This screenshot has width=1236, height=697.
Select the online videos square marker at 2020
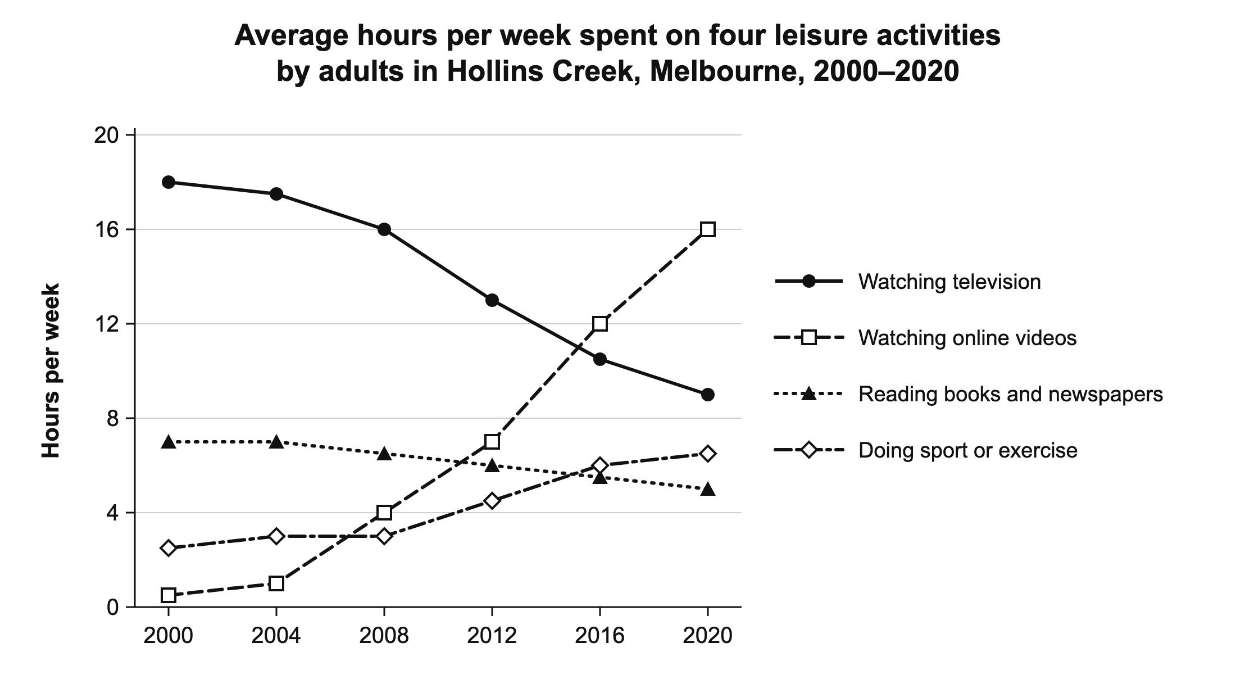click(x=708, y=229)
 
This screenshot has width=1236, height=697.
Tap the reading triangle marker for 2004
click(x=276, y=442)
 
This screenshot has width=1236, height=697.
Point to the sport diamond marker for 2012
click(x=492, y=501)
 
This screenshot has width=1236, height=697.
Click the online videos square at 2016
click(x=600, y=324)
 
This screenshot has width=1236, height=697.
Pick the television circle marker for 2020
click(x=708, y=395)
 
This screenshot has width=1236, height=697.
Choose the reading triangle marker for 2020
click(x=708, y=489)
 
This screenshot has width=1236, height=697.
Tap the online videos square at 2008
click(x=384, y=513)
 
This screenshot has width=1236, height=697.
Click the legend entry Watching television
click(x=949, y=282)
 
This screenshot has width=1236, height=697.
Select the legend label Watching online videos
click(x=967, y=338)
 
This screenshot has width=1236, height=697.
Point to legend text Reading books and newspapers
click(x=1011, y=394)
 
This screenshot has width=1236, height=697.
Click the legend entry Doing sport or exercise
click(x=968, y=450)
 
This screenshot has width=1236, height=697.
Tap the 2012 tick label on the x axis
click(x=492, y=636)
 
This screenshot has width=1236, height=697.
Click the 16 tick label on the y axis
click(x=106, y=229)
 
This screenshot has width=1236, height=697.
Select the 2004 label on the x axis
click(x=276, y=636)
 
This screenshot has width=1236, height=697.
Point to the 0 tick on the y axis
click(x=113, y=607)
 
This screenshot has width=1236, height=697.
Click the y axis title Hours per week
click(x=51, y=371)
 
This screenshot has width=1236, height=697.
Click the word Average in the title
click(x=292, y=35)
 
